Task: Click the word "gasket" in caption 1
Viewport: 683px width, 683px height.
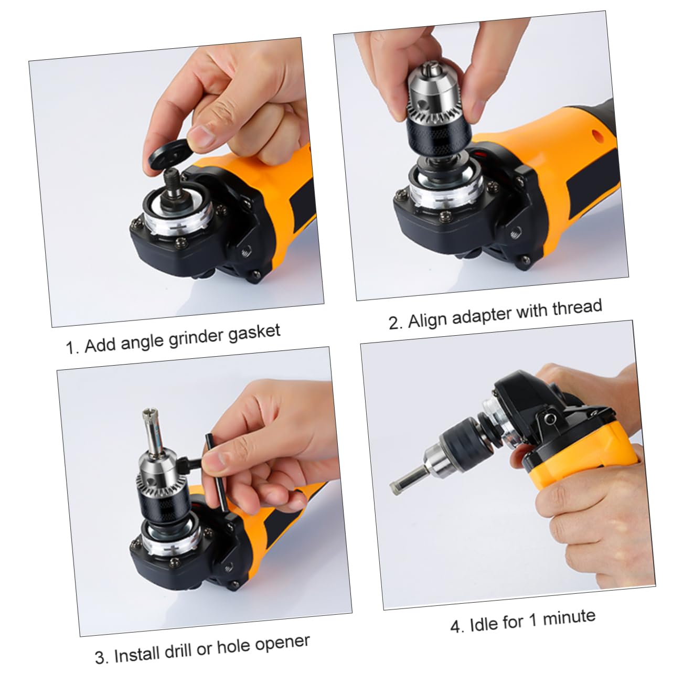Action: coord(254,333)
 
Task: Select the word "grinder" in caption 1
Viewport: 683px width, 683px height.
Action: coord(196,338)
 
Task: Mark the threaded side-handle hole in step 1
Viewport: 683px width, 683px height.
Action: coord(244,253)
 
